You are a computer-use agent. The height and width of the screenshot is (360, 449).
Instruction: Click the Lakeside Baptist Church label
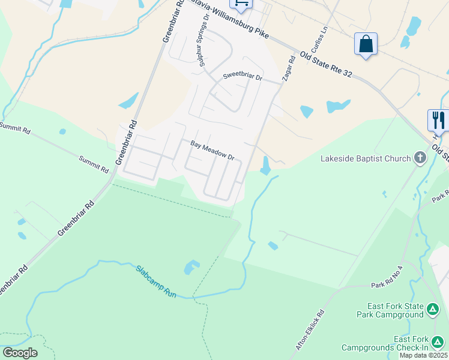click(366, 159)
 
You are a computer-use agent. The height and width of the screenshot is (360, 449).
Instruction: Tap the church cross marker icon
click(420, 159)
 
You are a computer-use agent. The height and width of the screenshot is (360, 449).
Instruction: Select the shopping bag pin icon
click(366, 44)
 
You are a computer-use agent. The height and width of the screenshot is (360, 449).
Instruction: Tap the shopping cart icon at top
click(241, 3)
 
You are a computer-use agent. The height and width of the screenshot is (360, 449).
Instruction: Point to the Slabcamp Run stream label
click(155, 282)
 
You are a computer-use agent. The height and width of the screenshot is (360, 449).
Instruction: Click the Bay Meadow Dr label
click(212, 151)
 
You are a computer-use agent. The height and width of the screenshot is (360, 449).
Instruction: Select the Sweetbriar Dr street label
click(243, 77)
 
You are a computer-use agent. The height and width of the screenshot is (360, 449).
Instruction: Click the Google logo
click(20, 353)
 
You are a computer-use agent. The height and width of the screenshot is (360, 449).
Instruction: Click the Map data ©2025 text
click(423, 355)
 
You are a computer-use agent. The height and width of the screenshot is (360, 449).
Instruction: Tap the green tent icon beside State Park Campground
click(433, 310)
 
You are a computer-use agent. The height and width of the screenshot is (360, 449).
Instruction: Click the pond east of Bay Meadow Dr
click(266, 165)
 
